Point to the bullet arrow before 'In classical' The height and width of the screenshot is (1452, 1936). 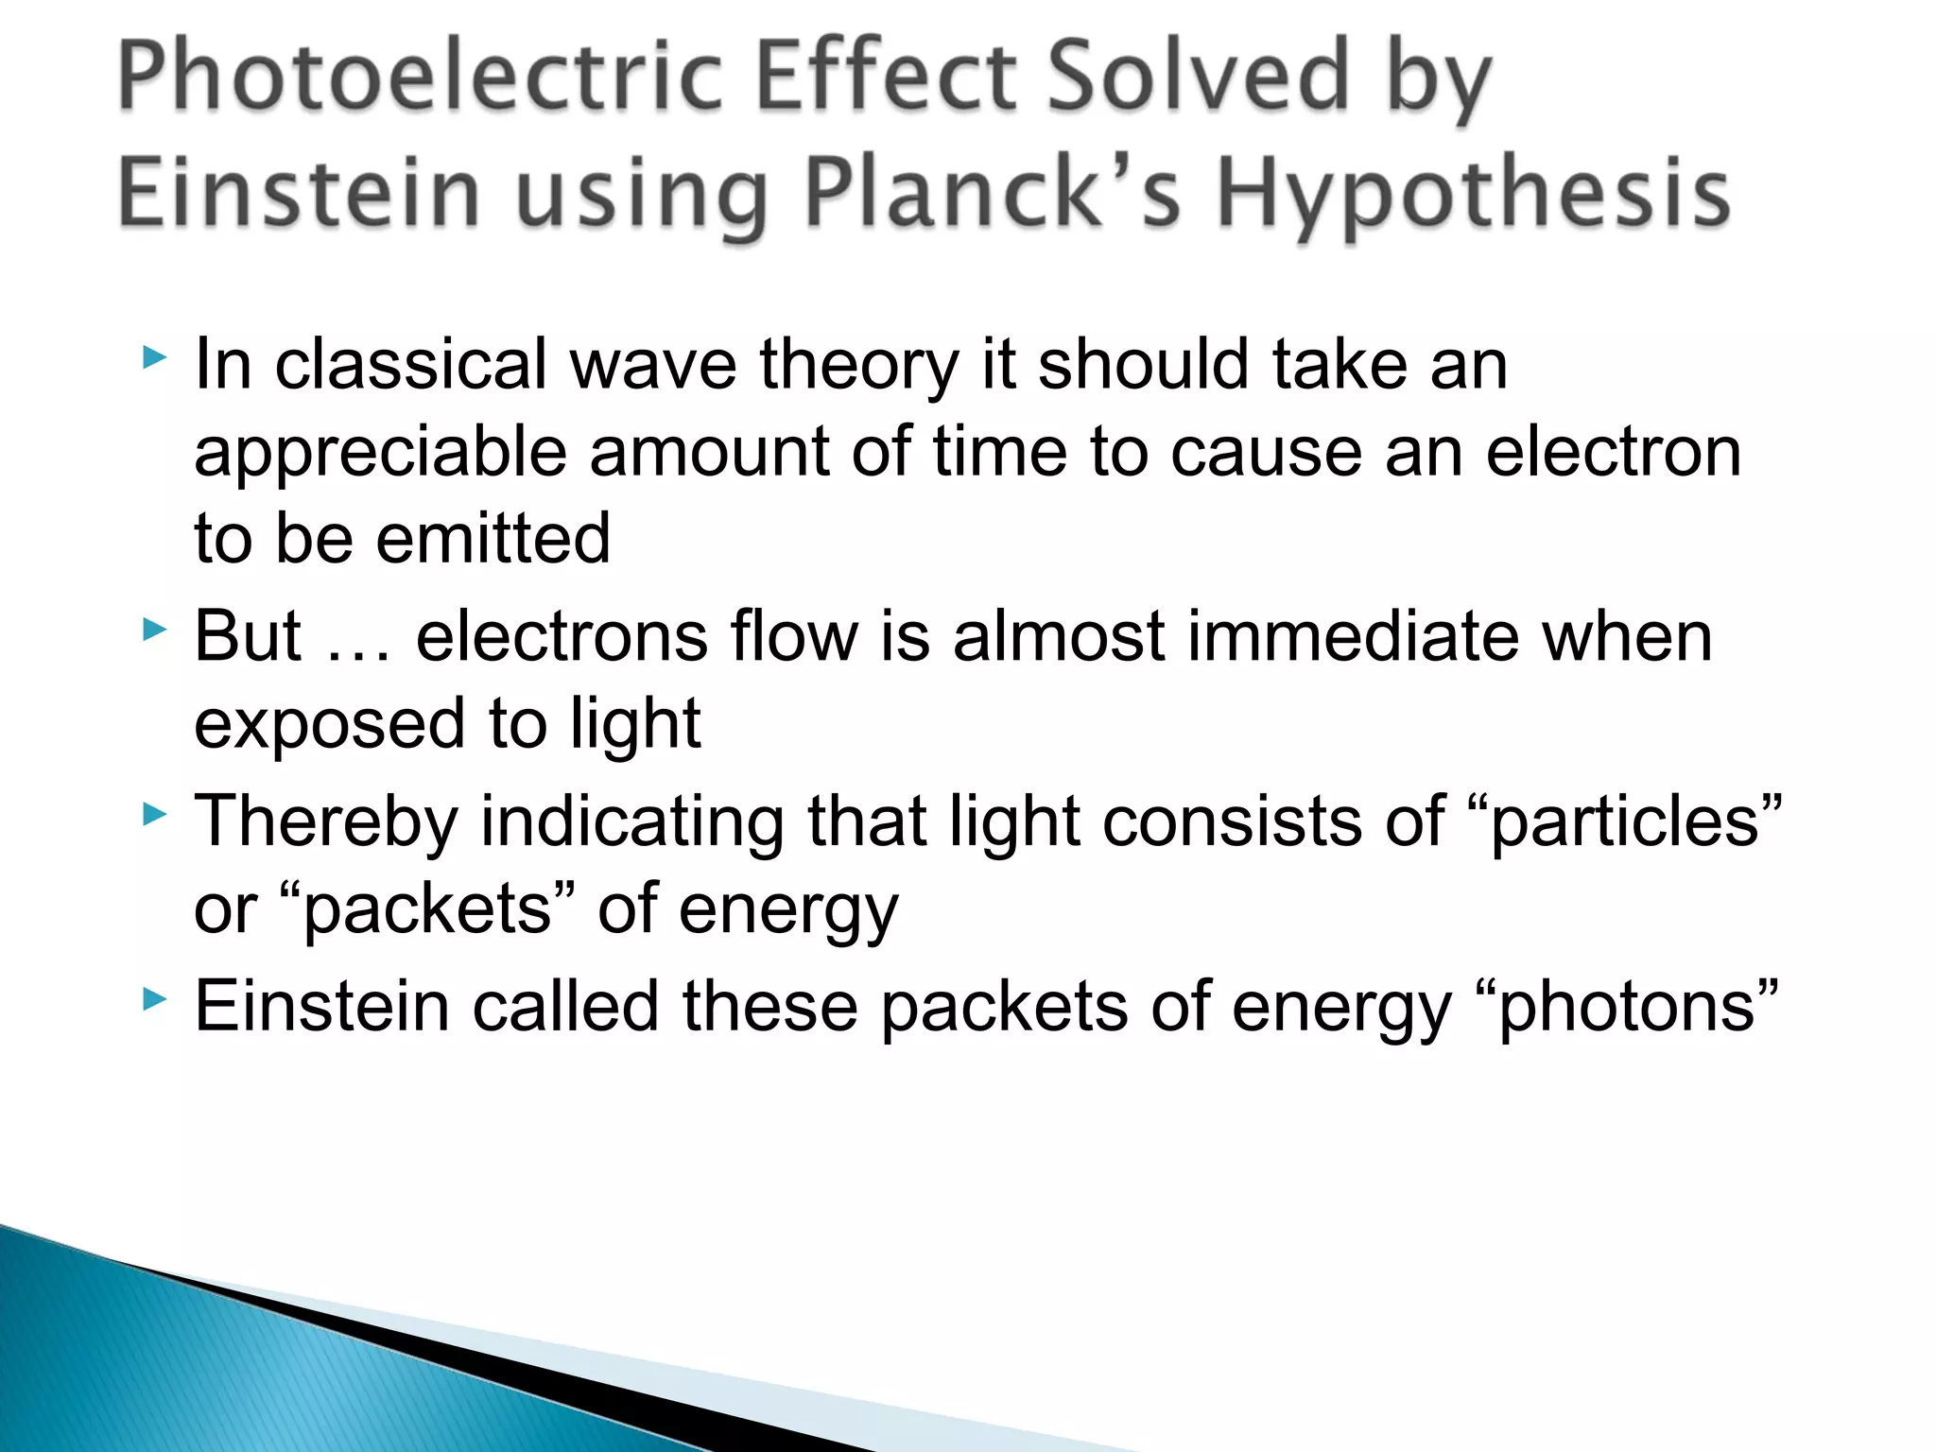pos(154,357)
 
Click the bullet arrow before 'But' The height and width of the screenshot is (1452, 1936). pos(154,630)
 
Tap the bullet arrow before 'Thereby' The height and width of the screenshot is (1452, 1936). pos(154,814)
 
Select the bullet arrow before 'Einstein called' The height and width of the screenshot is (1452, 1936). pos(154,998)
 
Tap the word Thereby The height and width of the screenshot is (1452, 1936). pos(326,821)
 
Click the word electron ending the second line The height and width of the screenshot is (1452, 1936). pos(1613,452)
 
